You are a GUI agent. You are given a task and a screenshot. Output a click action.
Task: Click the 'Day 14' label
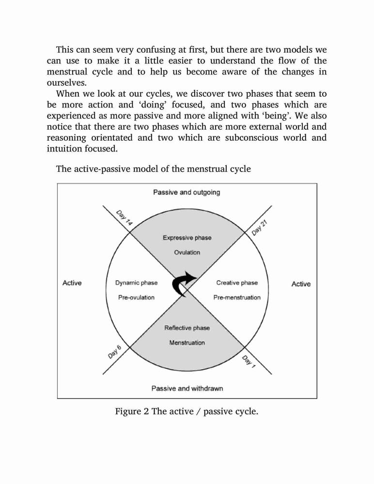point(124,218)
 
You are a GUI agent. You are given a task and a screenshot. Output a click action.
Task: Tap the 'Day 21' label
point(259,228)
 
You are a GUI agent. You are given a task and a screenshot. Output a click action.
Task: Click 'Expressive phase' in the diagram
point(187,238)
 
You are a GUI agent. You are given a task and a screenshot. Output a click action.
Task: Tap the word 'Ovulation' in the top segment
point(187,253)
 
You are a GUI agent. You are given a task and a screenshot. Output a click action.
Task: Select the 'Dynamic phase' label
point(136,283)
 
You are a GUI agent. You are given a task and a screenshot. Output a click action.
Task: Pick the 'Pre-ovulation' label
point(136,298)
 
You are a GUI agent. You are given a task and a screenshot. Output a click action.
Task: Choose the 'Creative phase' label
point(237,283)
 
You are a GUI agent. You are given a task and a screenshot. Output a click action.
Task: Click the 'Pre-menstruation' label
point(237,298)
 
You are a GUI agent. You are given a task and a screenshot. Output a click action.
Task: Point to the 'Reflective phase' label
point(187,328)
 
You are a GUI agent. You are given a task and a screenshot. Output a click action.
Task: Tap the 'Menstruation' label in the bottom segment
point(187,343)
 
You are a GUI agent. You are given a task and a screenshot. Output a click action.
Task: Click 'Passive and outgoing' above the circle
point(187,192)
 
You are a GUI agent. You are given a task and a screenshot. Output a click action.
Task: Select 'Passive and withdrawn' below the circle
point(187,388)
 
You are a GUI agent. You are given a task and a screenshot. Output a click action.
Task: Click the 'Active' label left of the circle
point(72,283)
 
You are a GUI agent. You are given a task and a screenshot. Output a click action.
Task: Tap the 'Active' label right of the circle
point(301,284)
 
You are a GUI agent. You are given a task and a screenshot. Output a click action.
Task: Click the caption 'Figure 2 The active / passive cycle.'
point(187,411)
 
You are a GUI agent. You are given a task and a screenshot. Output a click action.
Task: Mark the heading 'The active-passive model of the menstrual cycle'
point(153,169)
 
